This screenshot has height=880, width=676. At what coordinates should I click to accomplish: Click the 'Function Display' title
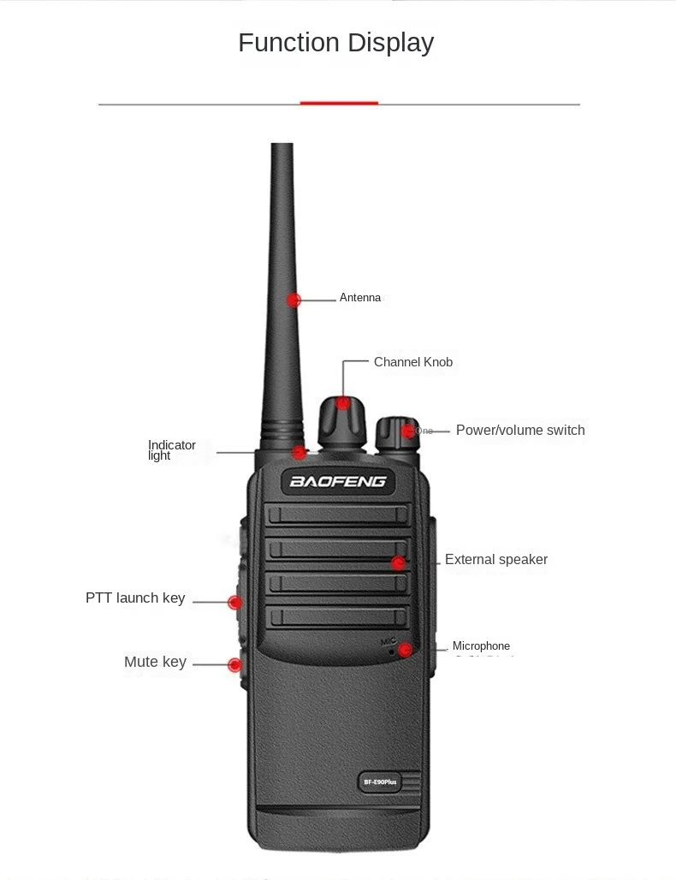click(335, 43)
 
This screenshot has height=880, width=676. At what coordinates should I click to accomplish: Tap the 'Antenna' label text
click(359, 298)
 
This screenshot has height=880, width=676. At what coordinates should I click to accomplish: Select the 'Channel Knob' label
click(413, 362)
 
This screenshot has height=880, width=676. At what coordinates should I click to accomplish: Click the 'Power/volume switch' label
click(520, 430)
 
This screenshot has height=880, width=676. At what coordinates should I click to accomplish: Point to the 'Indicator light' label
click(172, 450)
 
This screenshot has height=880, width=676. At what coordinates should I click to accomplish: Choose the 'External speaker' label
click(496, 560)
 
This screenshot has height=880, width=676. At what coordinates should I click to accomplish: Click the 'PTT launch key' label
click(135, 598)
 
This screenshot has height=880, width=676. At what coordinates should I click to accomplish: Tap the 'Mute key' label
click(155, 662)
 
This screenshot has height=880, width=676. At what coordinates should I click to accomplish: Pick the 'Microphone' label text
click(481, 646)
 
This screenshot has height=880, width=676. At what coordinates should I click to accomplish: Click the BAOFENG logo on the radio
click(338, 481)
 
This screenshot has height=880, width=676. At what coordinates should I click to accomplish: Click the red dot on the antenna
click(294, 300)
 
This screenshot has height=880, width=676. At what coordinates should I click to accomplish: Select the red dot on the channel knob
click(343, 402)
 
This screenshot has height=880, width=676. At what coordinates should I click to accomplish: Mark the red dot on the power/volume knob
click(409, 431)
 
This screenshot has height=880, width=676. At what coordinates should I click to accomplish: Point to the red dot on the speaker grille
click(398, 562)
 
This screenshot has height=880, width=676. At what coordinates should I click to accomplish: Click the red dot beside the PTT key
click(234, 602)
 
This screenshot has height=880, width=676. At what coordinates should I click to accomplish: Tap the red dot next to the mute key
click(234, 664)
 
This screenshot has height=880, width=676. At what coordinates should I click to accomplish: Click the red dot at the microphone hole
click(405, 650)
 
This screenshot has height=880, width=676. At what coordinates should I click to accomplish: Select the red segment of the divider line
click(339, 104)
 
